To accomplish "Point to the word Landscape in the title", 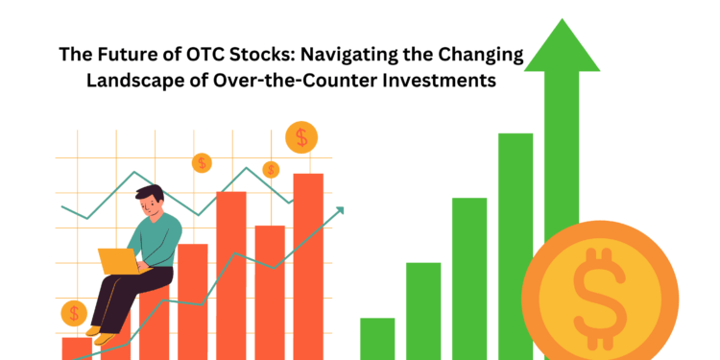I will point(134,81).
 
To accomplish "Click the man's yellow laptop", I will point(118,260).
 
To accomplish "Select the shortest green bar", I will point(377,338).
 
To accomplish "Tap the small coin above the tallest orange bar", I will point(302,137).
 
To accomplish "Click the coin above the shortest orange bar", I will point(74,313).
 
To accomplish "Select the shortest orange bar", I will point(76,348).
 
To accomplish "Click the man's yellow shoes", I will point(95,332).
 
